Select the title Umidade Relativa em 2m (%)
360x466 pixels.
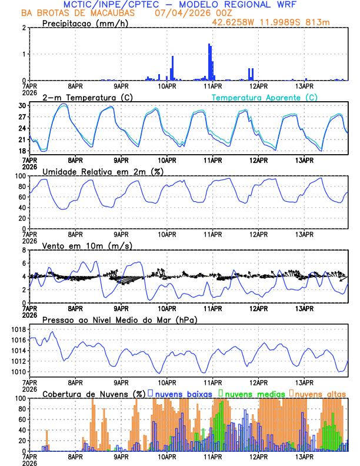103,171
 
